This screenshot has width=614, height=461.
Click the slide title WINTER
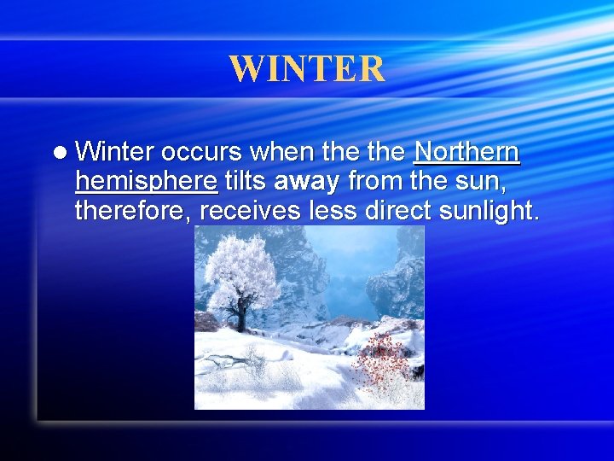click(x=307, y=69)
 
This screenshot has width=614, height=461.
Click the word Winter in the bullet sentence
click(x=114, y=153)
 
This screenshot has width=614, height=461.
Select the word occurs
click(x=203, y=153)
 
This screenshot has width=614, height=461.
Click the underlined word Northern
click(x=466, y=153)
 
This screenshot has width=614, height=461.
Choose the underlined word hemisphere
click(x=146, y=182)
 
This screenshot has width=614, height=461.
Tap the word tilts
click(x=244, y=181)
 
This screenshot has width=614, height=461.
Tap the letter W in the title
click(x=247, y=69)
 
